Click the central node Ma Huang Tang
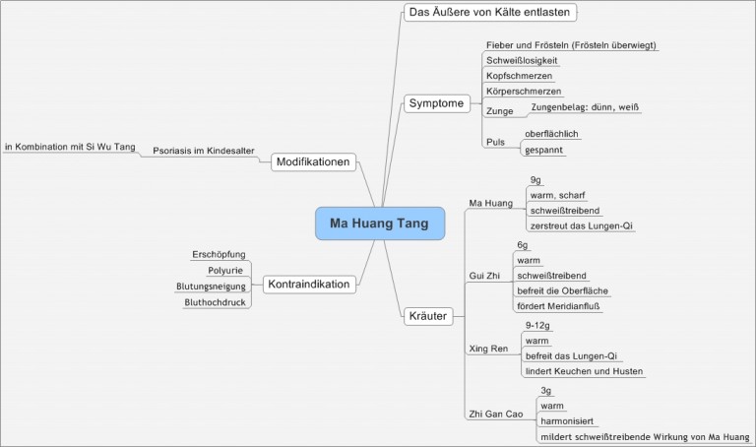coord(379,223)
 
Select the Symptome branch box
coord(435,102)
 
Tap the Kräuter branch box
coord(428,317)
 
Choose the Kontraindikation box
coord(307,284)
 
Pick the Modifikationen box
coord(313,161)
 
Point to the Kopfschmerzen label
coord(519,76)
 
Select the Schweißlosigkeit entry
coord(523,60)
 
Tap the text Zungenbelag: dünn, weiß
coord(584,106)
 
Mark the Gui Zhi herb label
coord(485,276)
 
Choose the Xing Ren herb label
coord(488,349)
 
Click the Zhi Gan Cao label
coord(495,414)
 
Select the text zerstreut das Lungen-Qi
coord(582,225)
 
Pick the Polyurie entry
coord(225,270)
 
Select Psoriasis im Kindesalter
coord(204,152)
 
